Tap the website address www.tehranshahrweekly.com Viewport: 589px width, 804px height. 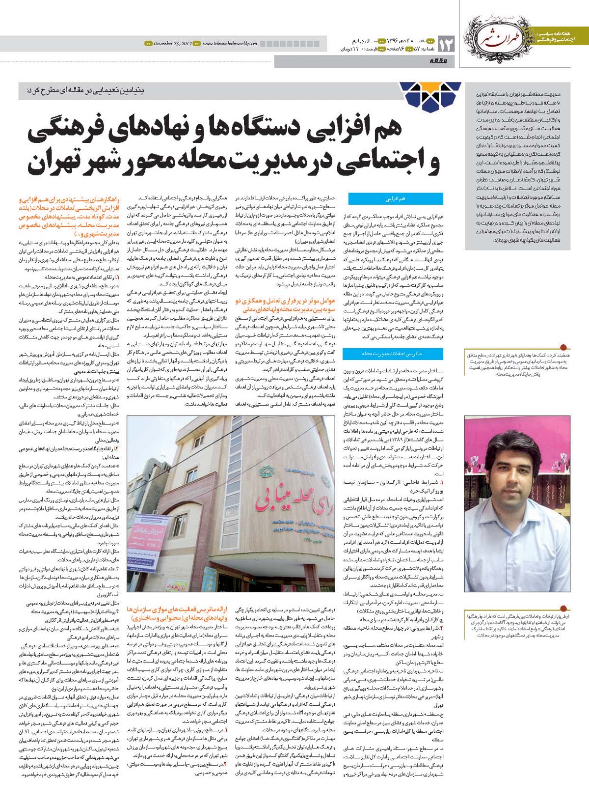click(x=230, y=43)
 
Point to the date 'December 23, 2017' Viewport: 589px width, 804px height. click(x=170, y=43)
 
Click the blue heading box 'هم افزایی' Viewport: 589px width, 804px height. click(x=395, y=198)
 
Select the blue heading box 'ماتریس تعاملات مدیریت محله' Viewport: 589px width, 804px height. click(x=395, y=353)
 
